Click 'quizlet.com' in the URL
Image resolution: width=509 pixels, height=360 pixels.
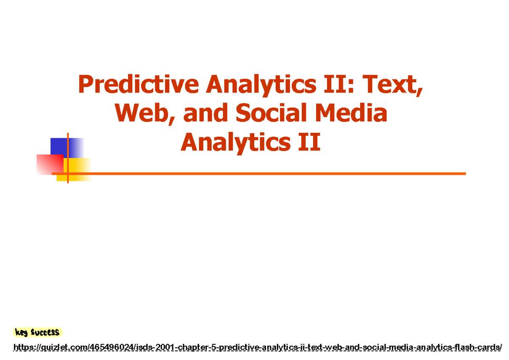(63, 348)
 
